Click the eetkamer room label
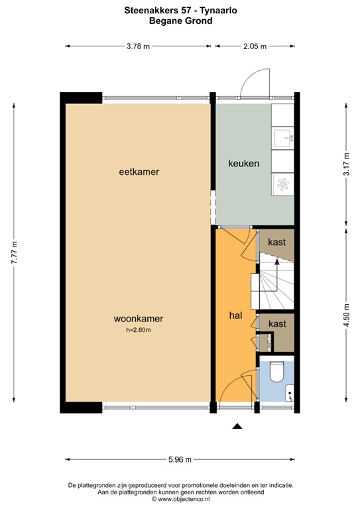pyautogui.click(x=139, y=172)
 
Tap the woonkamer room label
pyautogui.click(x=138, y=319)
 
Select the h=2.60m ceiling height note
pyautogui.click(x=138, y=329)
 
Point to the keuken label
pyautogui.click(x=243, y=164)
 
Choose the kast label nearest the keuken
pyautogui.click(x=276, y=242)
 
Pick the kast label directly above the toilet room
pyautogui.click(x=276, y=323)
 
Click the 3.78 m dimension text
pyautogui.click(x=138, y=46)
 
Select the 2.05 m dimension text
pyautogui.click(x=255, y=46)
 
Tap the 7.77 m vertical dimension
pyautogui.click(x=15, y=253)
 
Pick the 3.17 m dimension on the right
pyautogui.click(x=346, y=164)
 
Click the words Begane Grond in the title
pyautogui.click(x=180, y=21)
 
